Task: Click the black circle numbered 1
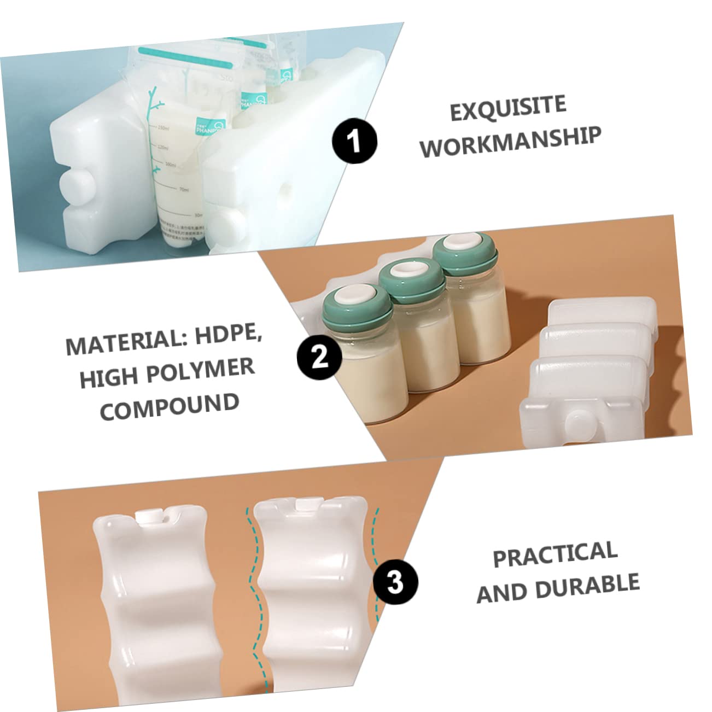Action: click(355, 142)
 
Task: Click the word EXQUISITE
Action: click(507, 108)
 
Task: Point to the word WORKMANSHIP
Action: click(510, 142)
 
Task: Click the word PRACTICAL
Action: click(555, 553)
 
